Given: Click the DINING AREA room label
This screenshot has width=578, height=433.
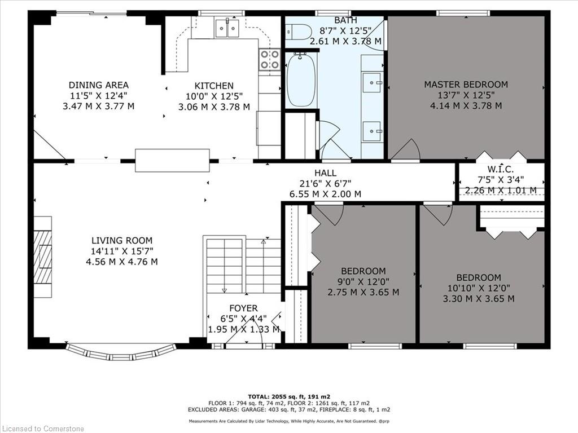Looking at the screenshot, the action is pyautogui.click(x=98, y=85).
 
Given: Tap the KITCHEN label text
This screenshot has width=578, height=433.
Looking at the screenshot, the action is pyautogui.click(x=214, y=86).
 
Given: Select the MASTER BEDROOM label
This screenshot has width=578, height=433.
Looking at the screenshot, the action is pyautogui.click(x=466, y=85).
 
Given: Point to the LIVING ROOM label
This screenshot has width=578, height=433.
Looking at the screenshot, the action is pyautogui.click(x=122, y=241).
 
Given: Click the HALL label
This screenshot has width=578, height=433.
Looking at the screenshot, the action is pyautogui.click(x=325, y=173).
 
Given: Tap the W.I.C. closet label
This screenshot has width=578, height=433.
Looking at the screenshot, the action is pyautogui.click(x=501, y=170).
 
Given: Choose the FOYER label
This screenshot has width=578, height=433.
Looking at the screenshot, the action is pyautogui.click(x=243, y=308).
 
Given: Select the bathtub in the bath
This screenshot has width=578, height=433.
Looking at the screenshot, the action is pyautogui.click(x=301, y=80).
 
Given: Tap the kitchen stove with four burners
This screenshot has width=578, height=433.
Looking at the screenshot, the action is pyautogui.click(x=269, y=60).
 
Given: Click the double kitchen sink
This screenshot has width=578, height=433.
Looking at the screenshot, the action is pyautogui.click(x=227, y=28).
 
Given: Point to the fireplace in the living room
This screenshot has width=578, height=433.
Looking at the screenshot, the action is pyautogui.click(x=43, y=257).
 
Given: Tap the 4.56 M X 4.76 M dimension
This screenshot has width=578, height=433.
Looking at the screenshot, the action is pyautogui.click(x=122, y=262).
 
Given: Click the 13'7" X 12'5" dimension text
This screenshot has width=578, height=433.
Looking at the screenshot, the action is pyautogui.click(x=466, y=95).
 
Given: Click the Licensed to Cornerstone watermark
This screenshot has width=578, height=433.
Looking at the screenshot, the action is pyautogui.click(x=42, y=428).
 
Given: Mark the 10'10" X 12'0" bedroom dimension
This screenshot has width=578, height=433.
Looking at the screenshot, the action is pyautogui.click(x=479, y=288).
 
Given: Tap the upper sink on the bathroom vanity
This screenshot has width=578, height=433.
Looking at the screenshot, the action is pyautogui.click(x=371, y=82).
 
